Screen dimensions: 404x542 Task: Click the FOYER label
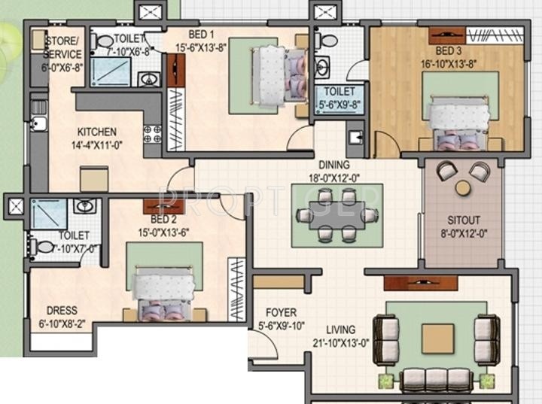click(x=281, y=312)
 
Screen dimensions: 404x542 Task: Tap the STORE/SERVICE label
click(x=62, y=47)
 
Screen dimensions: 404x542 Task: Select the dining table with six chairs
click(x=336, y=216)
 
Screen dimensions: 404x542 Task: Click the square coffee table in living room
click(x=437, y=339)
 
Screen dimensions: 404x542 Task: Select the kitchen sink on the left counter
click(x=38, y=124)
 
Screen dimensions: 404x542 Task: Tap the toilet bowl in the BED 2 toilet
click(x=45, y=246)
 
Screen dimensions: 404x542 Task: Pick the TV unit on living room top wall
click(x=420, y=283)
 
